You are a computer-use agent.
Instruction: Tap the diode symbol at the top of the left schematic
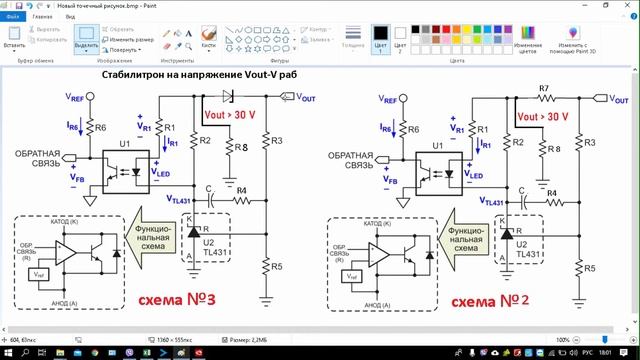pos(229,97)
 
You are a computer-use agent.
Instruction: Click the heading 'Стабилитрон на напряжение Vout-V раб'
pos(200,75)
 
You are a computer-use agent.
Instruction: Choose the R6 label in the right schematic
pos(415,129)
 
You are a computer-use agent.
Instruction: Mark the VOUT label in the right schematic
pos(617,98)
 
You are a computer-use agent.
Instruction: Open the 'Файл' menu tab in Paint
pos(13,18)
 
